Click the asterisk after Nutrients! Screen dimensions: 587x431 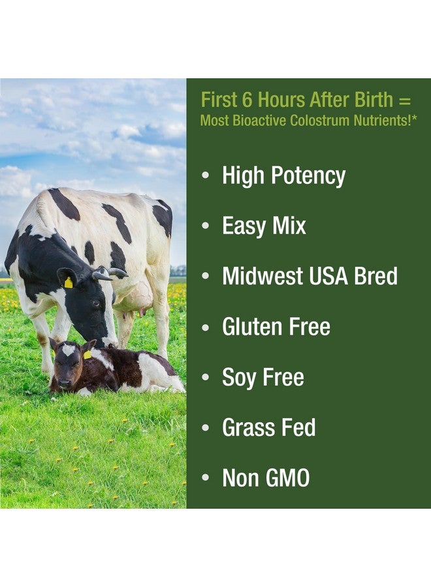point(415,118)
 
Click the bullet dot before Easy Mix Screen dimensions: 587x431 point(206,226)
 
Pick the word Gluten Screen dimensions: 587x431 point(252,327)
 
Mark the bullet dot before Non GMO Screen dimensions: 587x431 point(206,479)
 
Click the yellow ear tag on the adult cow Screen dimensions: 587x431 point(68,282)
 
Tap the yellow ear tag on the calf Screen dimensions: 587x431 point(88,354)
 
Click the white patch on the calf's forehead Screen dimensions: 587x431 point(68,350)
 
